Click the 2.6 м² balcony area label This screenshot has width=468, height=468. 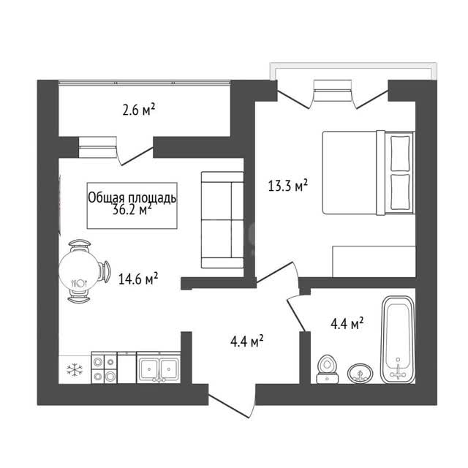(x=139, y=110)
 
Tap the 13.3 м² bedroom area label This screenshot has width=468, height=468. (x=287, y=185)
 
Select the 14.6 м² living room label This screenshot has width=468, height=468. (x=138, y=279)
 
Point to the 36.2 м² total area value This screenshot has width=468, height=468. (x=132, y=210)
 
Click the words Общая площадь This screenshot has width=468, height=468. (x=132, y=197)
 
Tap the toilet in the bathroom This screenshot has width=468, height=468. (x=327, y=369)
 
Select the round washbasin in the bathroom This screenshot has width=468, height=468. (x=361, y=373)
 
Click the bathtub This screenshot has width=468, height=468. (x=398, y=339)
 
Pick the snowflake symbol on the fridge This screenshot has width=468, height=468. (x=75, y=369)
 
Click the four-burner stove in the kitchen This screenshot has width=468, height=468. (x=104, y=368)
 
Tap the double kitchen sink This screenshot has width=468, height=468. (x=159, y=368)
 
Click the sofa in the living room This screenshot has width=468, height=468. (x=222, y=219)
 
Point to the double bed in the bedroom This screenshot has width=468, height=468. (x=369, y=173)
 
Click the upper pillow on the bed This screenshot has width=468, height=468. (x=400, y=153)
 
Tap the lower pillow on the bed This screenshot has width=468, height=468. (x=400, y=192)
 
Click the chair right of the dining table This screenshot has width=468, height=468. (x=105, y=271)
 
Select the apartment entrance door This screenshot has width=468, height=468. (x=232, y=406)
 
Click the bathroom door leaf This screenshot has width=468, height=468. (x=296, y=315)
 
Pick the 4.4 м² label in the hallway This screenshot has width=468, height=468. (x=247, y=341)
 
